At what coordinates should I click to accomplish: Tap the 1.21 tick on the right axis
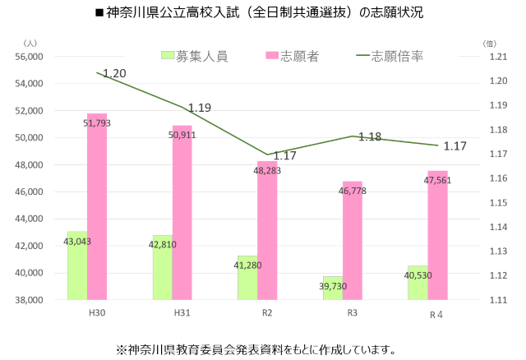coord(500,57)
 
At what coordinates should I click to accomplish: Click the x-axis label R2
coord(267,313)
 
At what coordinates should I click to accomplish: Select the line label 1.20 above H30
coord(115,74)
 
